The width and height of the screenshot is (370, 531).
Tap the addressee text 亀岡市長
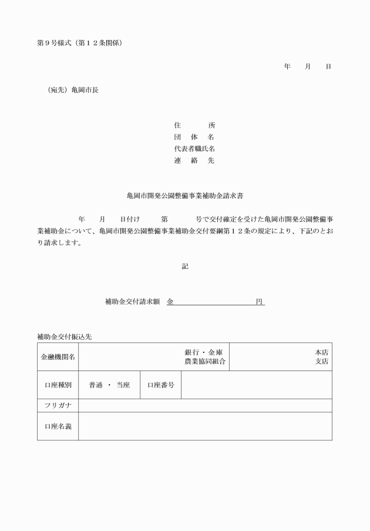tap(85, 90)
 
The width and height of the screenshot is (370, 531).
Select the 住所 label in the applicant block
tap(194, 125)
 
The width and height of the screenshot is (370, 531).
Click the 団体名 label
tap(194, 137)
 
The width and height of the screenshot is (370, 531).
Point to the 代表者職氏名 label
tap(194, 149)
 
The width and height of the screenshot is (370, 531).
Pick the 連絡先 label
tap(194, 161)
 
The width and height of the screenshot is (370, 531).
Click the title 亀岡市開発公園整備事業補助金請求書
tap(185, 195)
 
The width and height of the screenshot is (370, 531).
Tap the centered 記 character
tap(185, 266)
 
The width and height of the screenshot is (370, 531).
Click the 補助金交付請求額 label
tap(132, 302)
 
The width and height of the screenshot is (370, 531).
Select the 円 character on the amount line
tap(259, 302)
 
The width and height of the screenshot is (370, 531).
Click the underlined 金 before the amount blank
tap(170, 302)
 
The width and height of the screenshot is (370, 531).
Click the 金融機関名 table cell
tap(58, 357)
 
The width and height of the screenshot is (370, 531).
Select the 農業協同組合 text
tap(205, 362)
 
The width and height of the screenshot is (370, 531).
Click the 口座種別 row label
tap(58, 385)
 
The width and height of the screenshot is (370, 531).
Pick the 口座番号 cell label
tap(160, 385)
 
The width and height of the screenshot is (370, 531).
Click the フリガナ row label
tap(58, 406)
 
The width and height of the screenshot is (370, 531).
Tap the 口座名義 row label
tap(58, 426)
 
